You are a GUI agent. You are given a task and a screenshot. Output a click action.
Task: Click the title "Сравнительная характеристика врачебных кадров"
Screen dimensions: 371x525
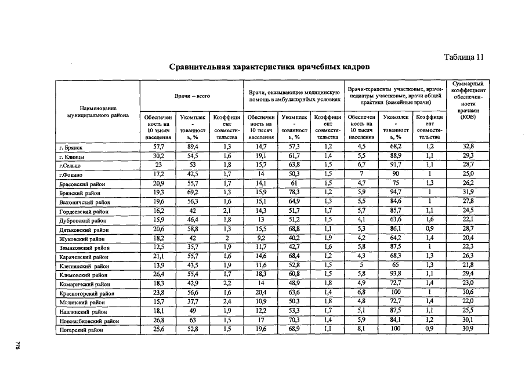pyautogui.click(x=269, y=67)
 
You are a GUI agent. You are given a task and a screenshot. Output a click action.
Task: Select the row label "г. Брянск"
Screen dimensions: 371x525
pyautogui.click(x=71, y=148)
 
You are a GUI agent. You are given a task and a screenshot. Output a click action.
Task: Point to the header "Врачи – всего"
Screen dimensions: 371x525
pyautogui.click(x=191, y=94)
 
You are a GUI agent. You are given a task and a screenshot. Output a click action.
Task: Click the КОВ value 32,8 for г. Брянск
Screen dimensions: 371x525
pyautogui.click(x=468, y=147)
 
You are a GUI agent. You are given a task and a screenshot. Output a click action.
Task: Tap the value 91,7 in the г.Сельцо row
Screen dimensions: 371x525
pyautogui.click(x=396, y=165)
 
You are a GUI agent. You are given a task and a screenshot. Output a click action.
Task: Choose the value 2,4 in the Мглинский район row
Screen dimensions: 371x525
pyautogui.click(x=223, y=301)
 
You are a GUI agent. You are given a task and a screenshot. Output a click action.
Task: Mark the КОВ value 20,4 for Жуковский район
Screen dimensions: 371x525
pyautogui.click(x=468, y=238)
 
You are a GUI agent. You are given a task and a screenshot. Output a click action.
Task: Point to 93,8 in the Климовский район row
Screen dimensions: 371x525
pyautogui.click(x=396, y=274)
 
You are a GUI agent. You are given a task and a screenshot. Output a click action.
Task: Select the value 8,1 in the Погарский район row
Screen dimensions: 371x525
pyautogui.click(x=360, y=329)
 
